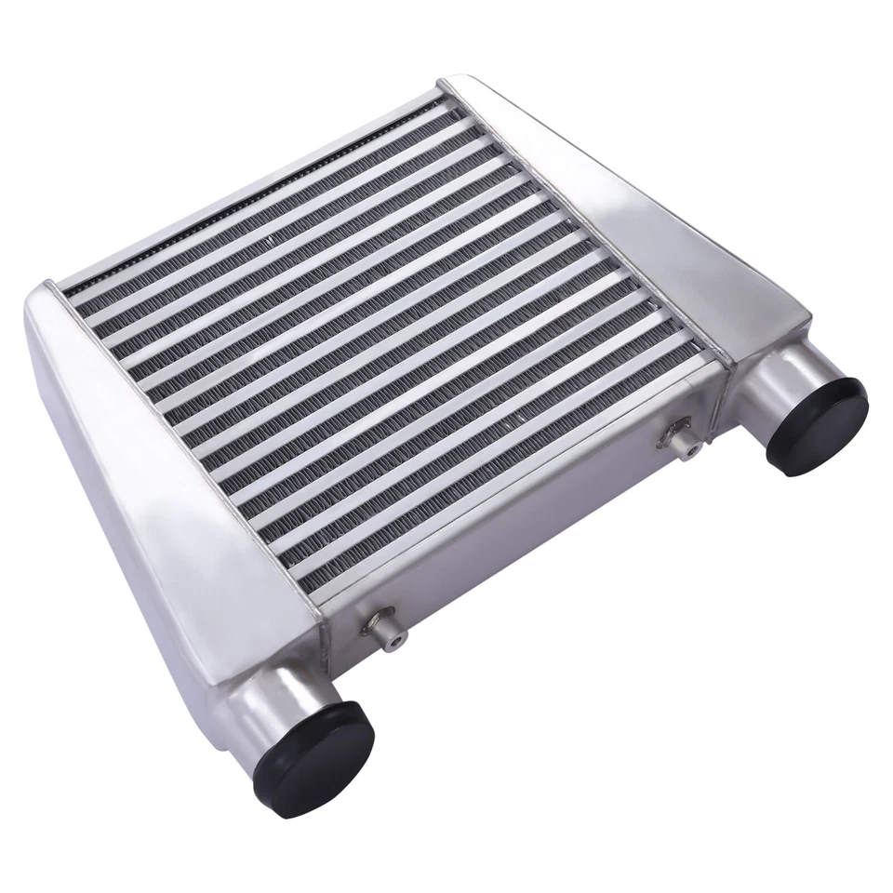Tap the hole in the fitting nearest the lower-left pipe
click(396, 640)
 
